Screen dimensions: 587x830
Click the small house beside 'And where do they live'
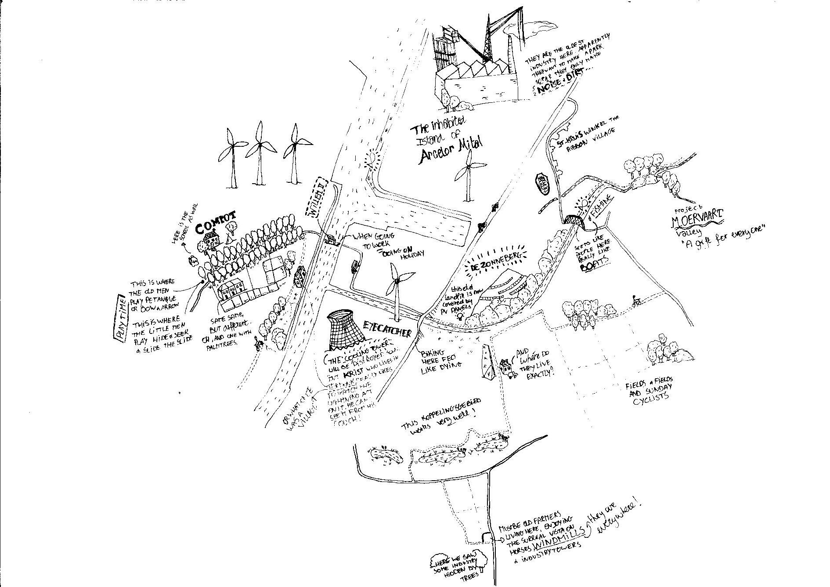coord(506,367)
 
